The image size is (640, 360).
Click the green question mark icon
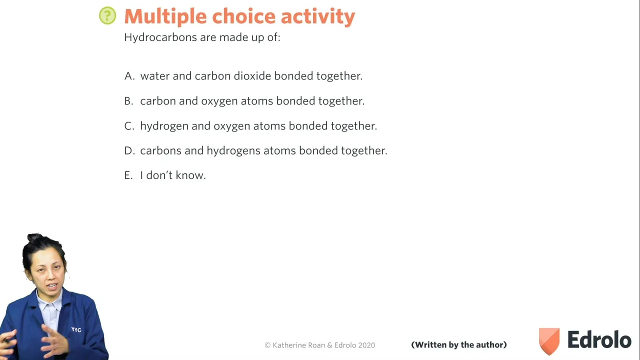pyautogui.click(x=107, y=15)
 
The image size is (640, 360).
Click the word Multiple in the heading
pyautogui.click(x=165, y=17)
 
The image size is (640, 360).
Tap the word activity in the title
pyautogui.click(x=318, y=17)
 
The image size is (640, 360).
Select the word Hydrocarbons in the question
pyautogui.click(x=160, y=37)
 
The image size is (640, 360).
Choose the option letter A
pyautogui.click(x=129, y=76)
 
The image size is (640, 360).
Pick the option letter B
pyautogui.click(x=128, y=101)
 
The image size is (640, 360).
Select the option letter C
pyautogui.click(x=129, y=126)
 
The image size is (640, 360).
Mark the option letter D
pyautogui.click(x=129, y=150)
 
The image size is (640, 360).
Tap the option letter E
pyautogui.click(x=128, y=175)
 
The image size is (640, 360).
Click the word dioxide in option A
pyautogui.click(x=252, y=76)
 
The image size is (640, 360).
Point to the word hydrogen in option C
pyautogui.click(x=164, y=126)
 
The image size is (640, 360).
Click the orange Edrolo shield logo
pyautogui.click(x=549, y=341)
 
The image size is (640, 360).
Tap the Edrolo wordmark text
pyautogui.click(x=599, y=339)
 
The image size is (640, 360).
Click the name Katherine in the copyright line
pyautogui.click(x=289, y=345)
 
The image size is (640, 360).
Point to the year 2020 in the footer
pyautogui.click(x=366, y=345)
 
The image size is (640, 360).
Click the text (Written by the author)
pyautogui.click(x=459, y=345)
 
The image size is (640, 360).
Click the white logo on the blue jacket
pyautogui.click(x=76, y=329)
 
